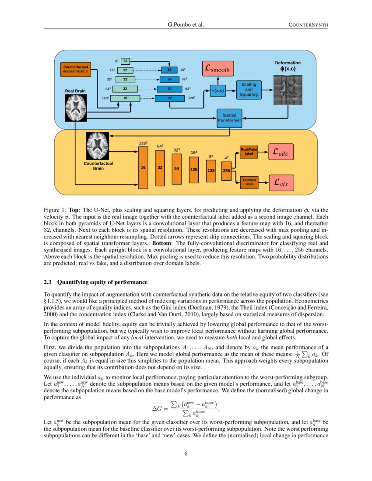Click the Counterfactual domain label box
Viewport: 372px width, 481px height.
pyautogui.click(x=75, y=70)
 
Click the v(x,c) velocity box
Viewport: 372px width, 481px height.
pyautogui.click(x=218, y=91)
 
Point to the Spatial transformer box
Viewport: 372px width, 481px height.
pyautogui.click(x=229, y=118)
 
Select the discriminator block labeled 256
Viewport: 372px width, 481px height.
pyautogui.click(x=226, y=171)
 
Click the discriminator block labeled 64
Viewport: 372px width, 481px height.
pyautogui.click(x=177, y=168)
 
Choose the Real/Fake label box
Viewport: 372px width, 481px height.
pyautogui.click(x=249, y=152)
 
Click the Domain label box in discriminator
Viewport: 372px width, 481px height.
pyautogui.click(x=249, y=182)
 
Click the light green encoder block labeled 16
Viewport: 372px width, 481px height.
pyautogui.click(x=125, y=98)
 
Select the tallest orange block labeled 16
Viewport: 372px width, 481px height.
pyautogui.click(x=143, y=167)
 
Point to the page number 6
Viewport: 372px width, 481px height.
pyautogui.click(x=186, y=453)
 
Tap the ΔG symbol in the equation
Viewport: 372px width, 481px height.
pyautogui.click(x=157, y=408)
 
